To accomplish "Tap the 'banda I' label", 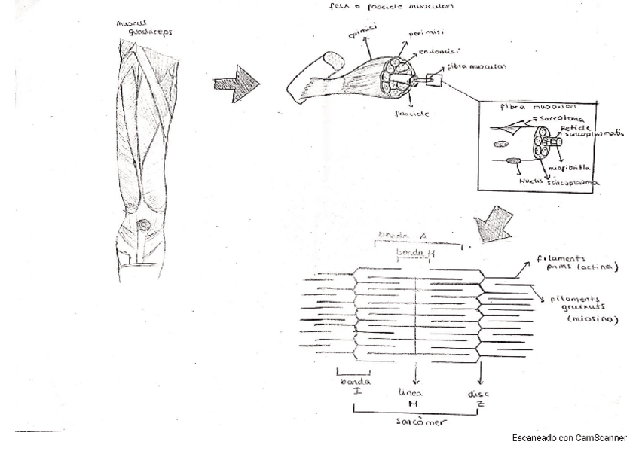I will click(x=347, y=386).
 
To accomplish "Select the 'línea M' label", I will click(x=413, y=399).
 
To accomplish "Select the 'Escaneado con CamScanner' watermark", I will click(x=569, y=437).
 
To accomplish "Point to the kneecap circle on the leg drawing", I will click(x=145, y=227).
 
